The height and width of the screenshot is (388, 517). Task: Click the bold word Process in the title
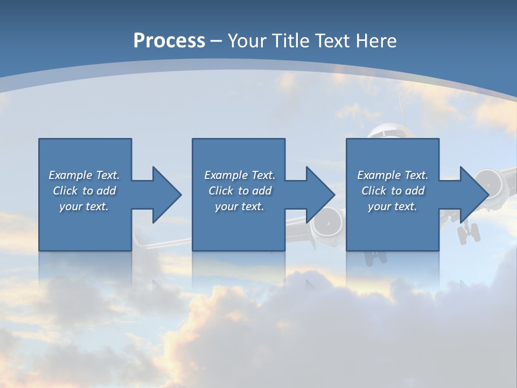(169, 41)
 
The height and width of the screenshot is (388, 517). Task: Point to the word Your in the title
(247, 41)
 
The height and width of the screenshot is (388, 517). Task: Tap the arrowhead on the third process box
(474, 195)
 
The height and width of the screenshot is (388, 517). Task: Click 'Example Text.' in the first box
(84, 175)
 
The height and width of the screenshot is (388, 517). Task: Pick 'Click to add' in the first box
(84, 191)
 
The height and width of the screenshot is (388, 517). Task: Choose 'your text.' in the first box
(84, 206)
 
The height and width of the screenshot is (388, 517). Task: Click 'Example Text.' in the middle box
(239, 175)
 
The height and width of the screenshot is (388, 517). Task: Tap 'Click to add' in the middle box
(239, 191)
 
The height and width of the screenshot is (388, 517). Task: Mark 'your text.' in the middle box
(239, 206)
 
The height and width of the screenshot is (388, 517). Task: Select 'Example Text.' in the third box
(393, 175)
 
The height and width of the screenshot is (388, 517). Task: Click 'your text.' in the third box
(393, 206)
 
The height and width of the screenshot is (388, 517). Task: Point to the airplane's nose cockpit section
(388, 131)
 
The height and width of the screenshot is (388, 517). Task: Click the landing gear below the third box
(375, 258)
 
